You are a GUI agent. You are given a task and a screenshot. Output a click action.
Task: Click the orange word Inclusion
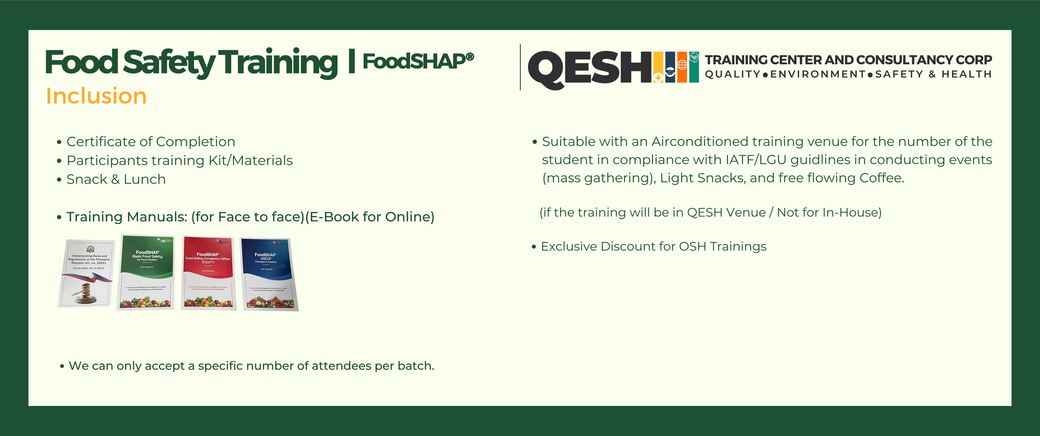pyautogui.click(x=96, y=96)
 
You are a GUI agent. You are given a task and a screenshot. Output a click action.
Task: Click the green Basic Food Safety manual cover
pyautogui.click(x=146, y=272)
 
